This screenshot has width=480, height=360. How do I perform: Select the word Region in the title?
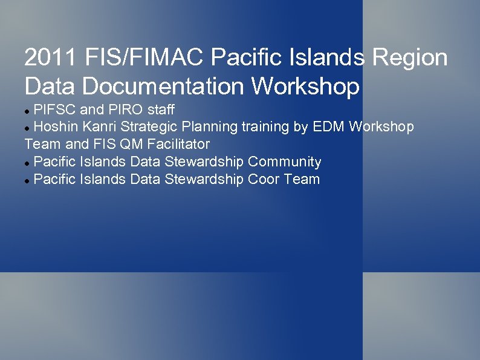tap(411, 59)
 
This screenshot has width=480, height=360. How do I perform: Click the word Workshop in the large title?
tap(305, 86)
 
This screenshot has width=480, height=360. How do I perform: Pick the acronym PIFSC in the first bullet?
tap(56, 110)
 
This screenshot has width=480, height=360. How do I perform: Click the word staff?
tap(161, 110)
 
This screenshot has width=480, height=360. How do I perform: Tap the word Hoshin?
tap(55, 127)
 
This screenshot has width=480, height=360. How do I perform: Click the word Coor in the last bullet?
tap(264, 179)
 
